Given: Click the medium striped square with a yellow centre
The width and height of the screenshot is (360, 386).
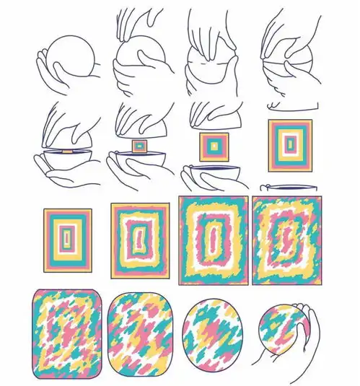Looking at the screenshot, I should click(x=213, y=146).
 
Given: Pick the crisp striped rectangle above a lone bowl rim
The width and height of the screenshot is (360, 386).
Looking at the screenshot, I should click(x=290, y=145).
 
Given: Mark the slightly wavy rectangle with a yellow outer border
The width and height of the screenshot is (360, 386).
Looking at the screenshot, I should click(x=139, y=240).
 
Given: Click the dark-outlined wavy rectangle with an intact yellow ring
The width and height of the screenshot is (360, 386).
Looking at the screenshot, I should click(x=213, y=238).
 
